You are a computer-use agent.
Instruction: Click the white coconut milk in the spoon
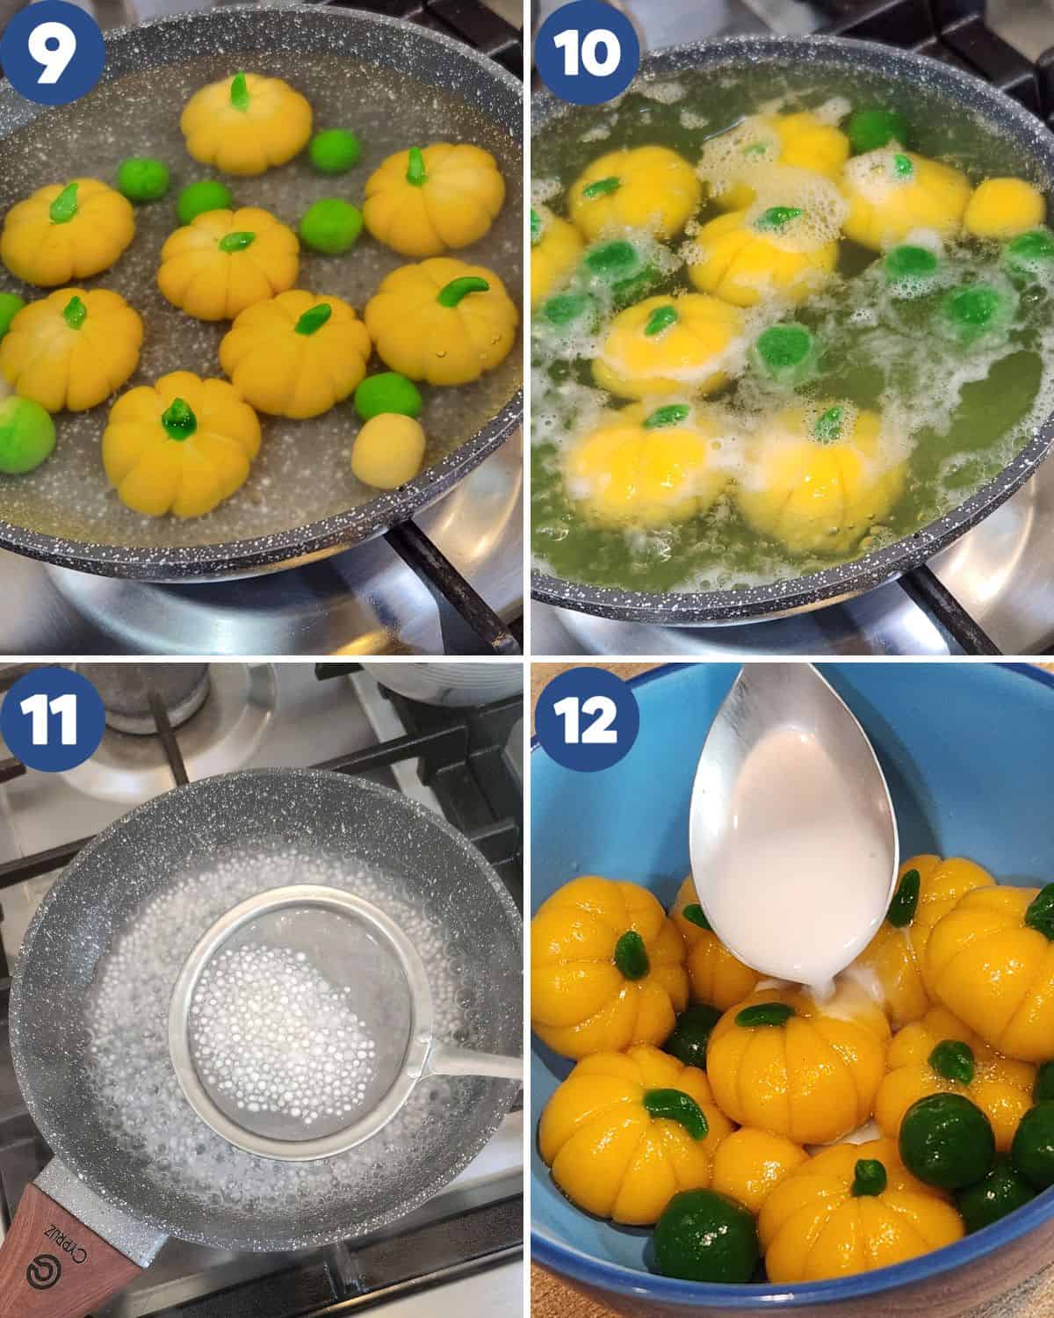(790, 887)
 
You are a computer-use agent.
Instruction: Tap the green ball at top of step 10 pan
(877, 129)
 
